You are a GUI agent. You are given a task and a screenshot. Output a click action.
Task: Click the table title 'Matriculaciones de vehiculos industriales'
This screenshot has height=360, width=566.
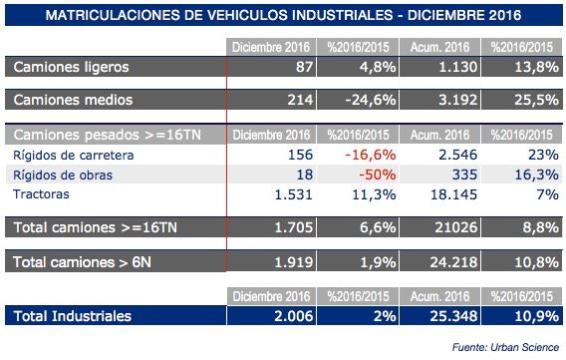click(x=283, y=16)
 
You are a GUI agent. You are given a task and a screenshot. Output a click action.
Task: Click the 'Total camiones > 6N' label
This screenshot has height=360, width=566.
click(x=86, y=262)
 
